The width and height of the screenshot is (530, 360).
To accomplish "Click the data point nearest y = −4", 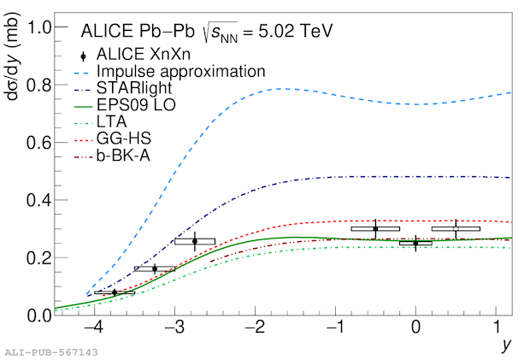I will coord(115,292).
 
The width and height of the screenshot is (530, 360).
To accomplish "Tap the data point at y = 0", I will coord(415,243).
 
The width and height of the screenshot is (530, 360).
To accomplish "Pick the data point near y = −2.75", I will coord(195,241).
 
